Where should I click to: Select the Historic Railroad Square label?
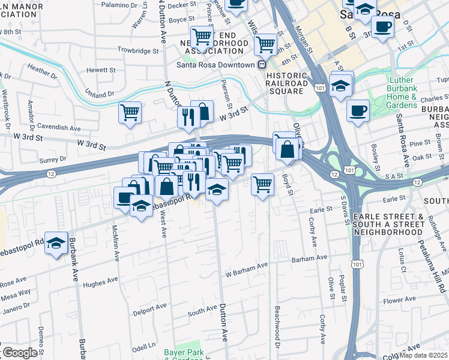287,79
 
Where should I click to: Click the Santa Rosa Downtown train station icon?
262,65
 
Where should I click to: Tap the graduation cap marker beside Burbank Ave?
56,243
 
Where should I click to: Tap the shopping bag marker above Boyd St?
288,149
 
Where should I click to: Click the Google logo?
20,353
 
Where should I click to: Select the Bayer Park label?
184,352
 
